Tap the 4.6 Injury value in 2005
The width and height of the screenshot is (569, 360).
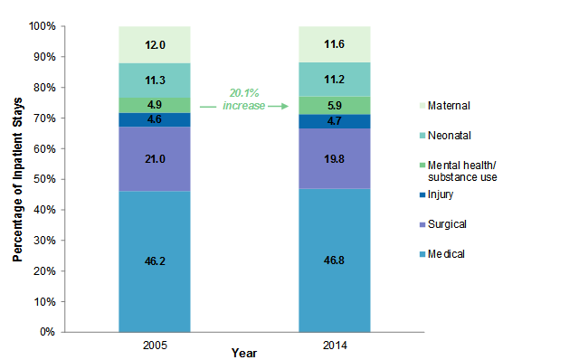point(154,118)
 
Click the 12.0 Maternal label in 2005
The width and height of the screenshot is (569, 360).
point(154,44)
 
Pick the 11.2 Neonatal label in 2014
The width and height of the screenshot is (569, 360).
point(335,79)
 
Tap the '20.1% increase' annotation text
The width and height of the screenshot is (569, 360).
point(245,99)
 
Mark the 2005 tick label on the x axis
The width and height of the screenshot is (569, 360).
point(154,345)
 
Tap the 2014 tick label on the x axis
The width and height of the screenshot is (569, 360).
point(335,345)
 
